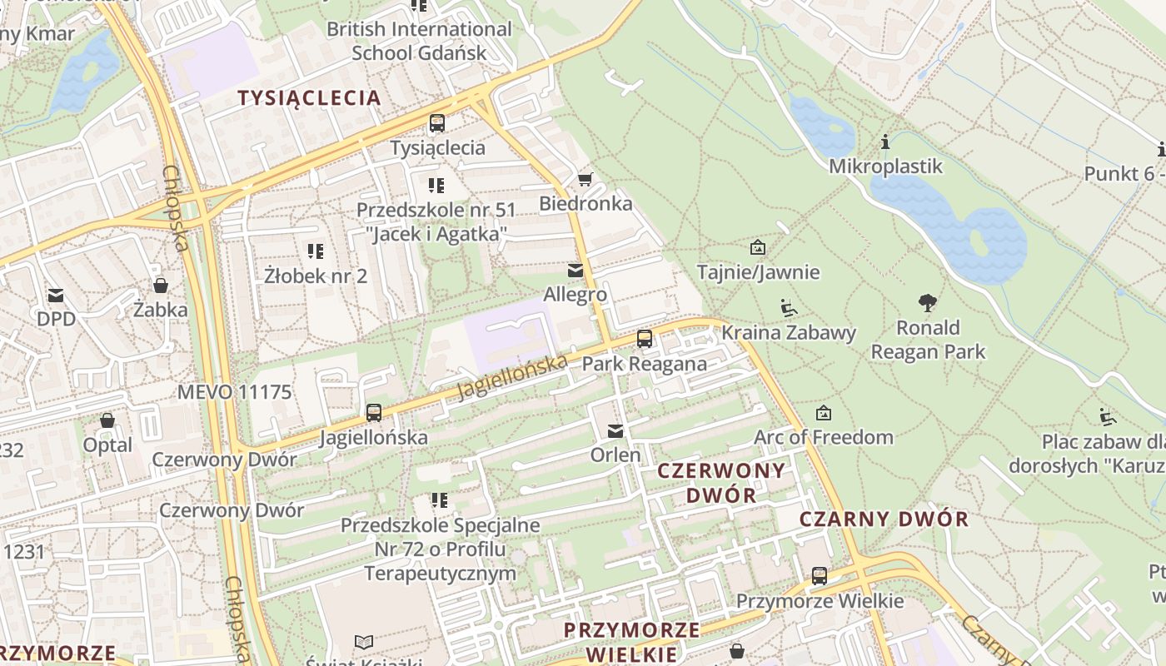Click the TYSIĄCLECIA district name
[x=309, y=97]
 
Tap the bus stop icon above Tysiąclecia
[x=437, y=123]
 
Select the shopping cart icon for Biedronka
[x=585, y=179]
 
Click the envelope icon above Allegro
[x=576, y=271]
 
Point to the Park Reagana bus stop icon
[x=645, y=339]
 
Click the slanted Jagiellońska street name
[x=513, y=375]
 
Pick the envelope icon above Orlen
[x=615, y=430]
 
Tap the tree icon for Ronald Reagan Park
[x=928, y=303]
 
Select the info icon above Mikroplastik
[x=885, y=142]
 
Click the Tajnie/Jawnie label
[x=758, y=272]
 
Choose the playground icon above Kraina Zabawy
[x=788, y=308]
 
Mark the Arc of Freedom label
[x=823, y=437]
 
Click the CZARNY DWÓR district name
[x=884, y=519]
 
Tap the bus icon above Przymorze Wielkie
[x=820, y=576]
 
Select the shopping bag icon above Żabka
[x=161, y=286]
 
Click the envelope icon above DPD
[x=56, y=295]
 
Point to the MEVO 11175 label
[x=234, y=391]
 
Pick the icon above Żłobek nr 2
[x=316, y=251]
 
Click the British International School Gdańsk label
[x=419, y=41]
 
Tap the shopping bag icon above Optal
[x=107, y=420]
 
